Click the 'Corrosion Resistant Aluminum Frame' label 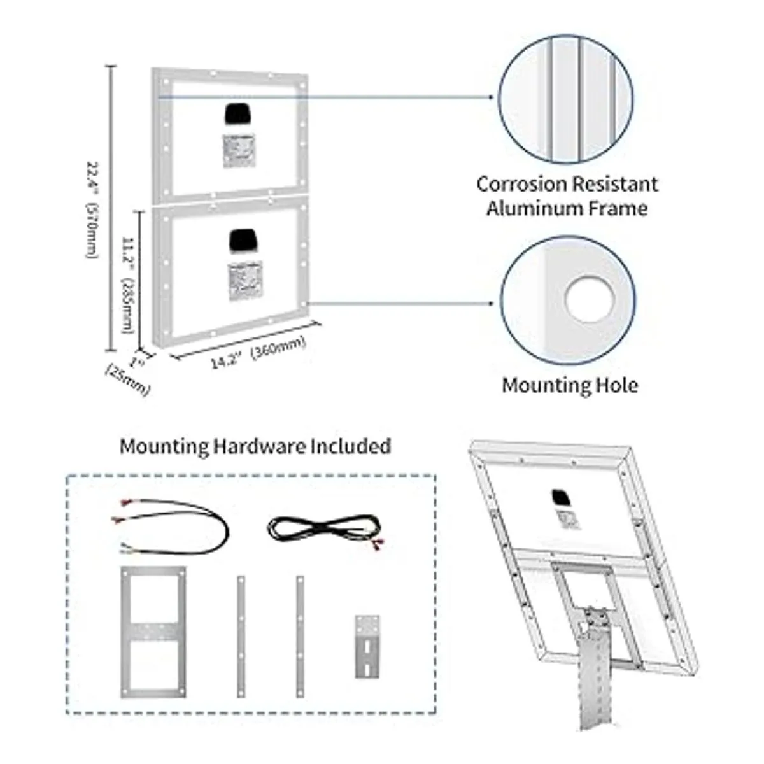pyautogui.click(x=567, y=196)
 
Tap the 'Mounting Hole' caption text pyautogui.click(x=570, y=385)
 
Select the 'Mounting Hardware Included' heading pyautogui.click(x=255, y=446)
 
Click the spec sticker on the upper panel pyautogui.click(x=239, y=152)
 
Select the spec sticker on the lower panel pyautogui.click(x=244, y=280)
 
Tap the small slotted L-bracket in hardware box pyautogui.click(x=367, y=646)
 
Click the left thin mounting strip pyautogui.click(x=241, y=637)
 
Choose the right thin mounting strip pyautogui.click(x=300, y=637)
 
